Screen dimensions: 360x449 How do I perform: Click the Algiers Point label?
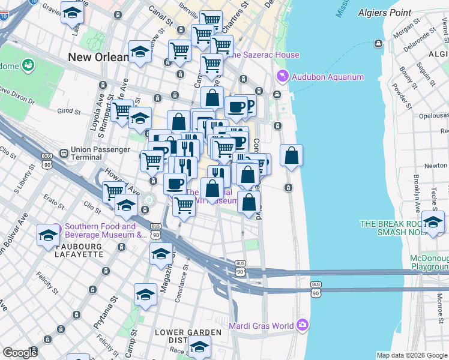(x=385, y=12)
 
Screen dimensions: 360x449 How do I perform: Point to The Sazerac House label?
(x=265, y=55)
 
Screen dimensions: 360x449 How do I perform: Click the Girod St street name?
(x=69, y=111)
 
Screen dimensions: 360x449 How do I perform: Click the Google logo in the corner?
(x=20, y=353)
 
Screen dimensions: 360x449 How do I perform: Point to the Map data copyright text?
(x=412, y=355)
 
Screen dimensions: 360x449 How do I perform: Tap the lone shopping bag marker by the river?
(x=291, y=155)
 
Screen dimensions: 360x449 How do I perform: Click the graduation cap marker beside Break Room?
(x=433, y=222)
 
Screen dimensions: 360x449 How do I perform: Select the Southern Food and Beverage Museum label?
(x=100, y=230)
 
